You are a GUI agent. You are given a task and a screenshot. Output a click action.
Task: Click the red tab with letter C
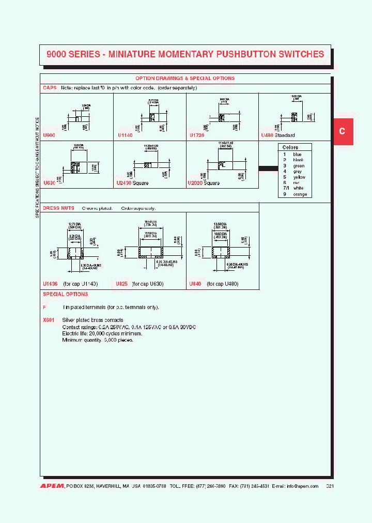tap(342, 131)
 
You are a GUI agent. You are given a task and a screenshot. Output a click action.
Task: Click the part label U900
tap(50, 135)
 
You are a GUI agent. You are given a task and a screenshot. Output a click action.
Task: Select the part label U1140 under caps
tap(126, 135)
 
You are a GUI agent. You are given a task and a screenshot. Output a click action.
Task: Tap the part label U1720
tap(197, 135)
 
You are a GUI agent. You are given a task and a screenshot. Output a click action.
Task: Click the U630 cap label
tap(50, 183)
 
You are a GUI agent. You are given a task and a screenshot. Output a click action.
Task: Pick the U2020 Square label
tap(204, 183)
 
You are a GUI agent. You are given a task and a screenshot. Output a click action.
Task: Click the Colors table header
tap(290, 147)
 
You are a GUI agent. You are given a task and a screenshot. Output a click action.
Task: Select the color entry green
tap(299, 166)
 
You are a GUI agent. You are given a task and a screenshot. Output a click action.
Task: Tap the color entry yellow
tap(299, 177)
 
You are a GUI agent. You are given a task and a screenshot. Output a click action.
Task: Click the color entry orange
tap(300, 194)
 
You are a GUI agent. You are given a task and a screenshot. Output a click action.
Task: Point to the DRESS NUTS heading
tap(58, 208)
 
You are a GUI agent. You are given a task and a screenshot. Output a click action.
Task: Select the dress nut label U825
tap(121, 284)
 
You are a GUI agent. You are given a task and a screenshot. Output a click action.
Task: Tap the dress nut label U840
tap(195, 284)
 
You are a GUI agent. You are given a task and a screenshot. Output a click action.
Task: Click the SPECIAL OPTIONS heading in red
tap(66, 294)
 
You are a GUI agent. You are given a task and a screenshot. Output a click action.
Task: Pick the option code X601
tap(49, 320)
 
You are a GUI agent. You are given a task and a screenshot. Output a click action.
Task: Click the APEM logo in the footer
tap(52, 486)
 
